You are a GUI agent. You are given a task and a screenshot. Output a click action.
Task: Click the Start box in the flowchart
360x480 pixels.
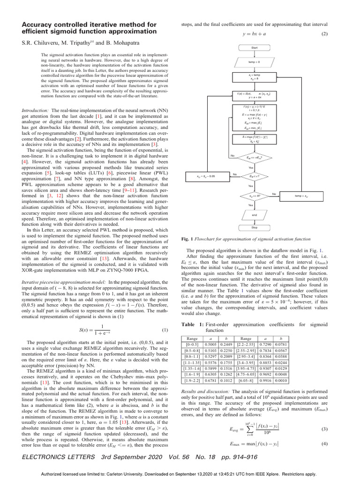pos(254,48)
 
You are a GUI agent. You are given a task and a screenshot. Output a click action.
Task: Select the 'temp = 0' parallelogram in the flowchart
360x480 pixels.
pos(254,61)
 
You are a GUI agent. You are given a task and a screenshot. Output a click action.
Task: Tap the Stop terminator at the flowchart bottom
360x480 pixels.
pos(254,228)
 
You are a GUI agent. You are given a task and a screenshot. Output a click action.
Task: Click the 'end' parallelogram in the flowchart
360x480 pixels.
pos(254,215)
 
